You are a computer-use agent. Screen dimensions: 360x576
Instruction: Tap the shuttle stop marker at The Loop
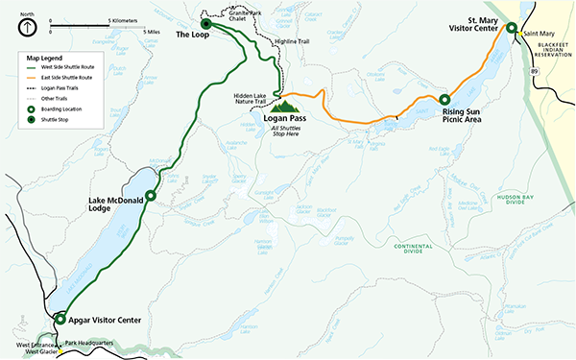204,24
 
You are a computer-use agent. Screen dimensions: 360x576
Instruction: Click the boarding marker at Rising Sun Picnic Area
444,99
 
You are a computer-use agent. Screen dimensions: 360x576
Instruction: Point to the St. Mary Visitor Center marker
512,29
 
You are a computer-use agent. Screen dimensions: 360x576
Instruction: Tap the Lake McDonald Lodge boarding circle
150,195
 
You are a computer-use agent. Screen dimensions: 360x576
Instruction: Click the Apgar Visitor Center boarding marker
60,319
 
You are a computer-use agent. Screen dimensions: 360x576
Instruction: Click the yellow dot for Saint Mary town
518,36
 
